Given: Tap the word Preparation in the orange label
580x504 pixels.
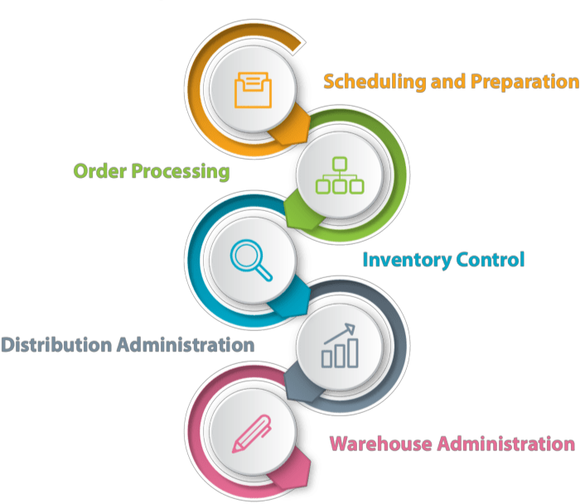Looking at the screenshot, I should (524, 82).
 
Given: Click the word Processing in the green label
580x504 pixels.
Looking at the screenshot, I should (180, 171).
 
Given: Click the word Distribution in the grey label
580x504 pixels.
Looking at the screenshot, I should (55, 344).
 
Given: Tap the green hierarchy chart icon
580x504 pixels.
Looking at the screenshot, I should (340, 175).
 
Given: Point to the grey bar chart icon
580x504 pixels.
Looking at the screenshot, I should (340, 346).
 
